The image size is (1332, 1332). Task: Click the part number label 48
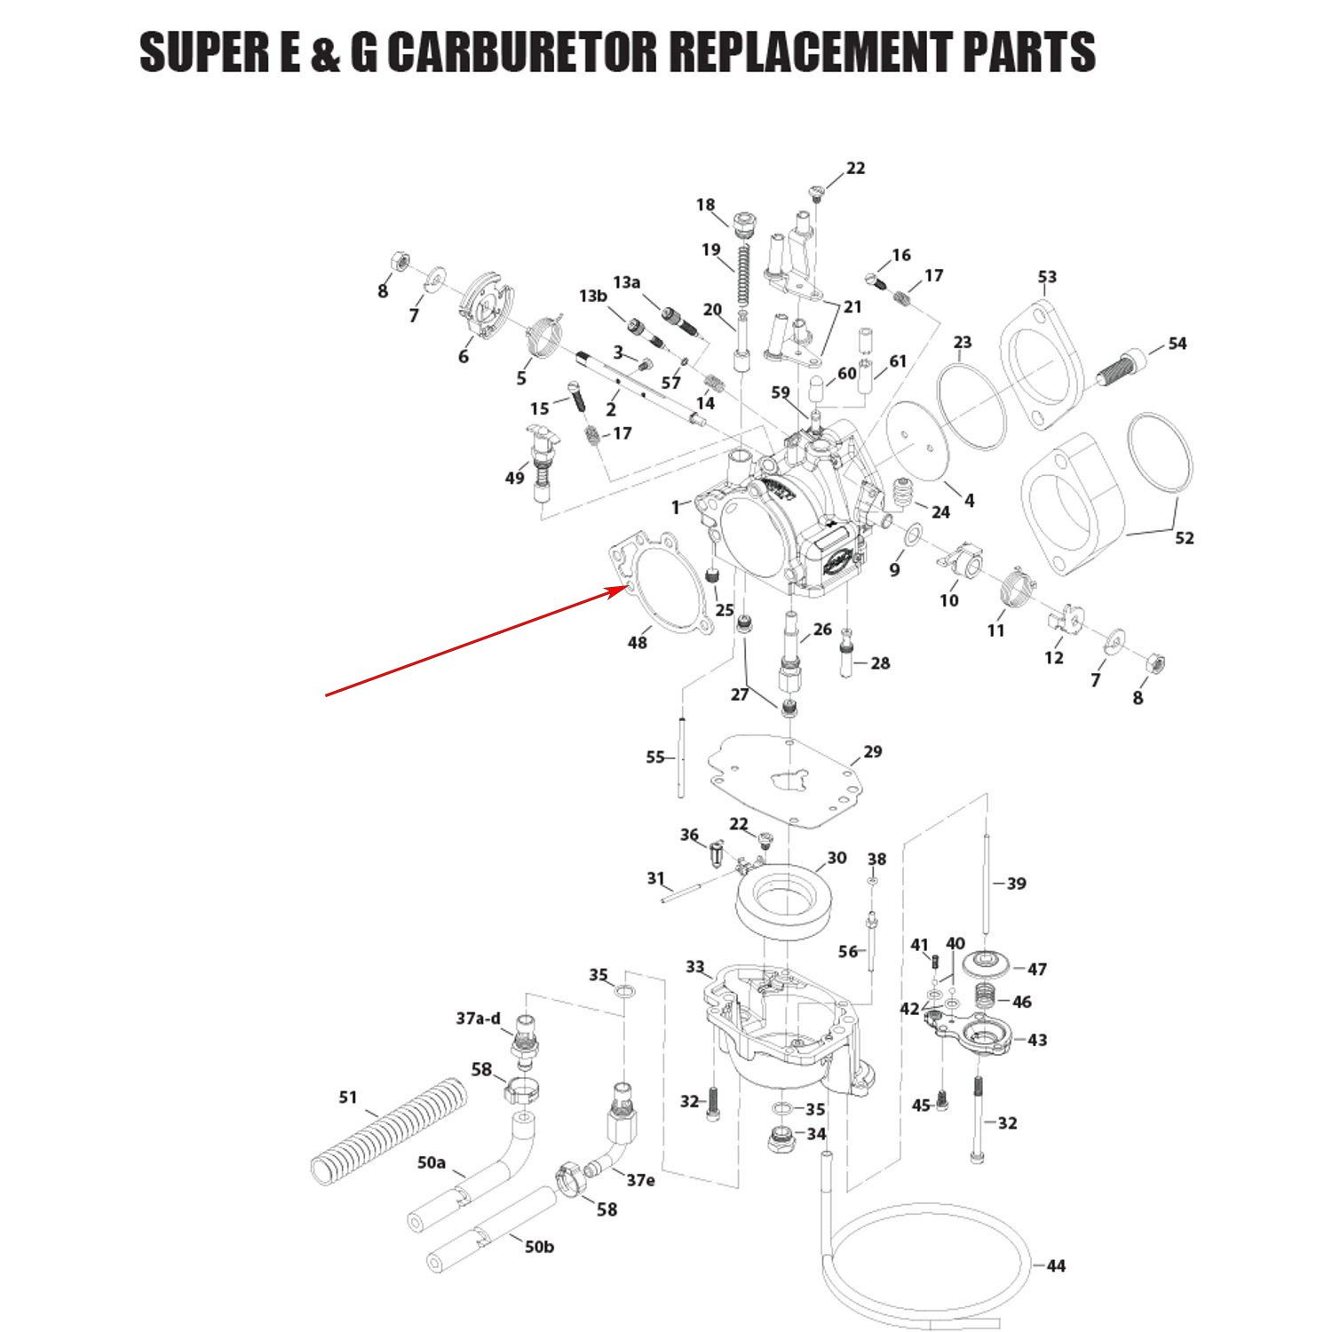pyautogui.click(x=638, y=641)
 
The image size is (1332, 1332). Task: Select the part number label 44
pyautogui.click(x=1055, y=1265)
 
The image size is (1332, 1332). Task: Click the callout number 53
pyautogui.click(x=1047, y=277)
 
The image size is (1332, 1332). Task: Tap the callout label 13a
pyautogui.click(x=626, y=281)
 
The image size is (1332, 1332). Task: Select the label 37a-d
pyautogui.click(x=479, y=1019)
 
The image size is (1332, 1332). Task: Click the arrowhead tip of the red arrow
pyautogui.click(x=626, y=587)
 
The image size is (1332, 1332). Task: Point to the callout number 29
pyautogui.click(x=872, y=752)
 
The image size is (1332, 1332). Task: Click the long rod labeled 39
pyautogui.click(x=987, y=888)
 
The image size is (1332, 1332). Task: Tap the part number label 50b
pyautogui.click(x=538, y=1246)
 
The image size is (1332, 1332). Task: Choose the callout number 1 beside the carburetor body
pyautogui.click(x=677, y=508)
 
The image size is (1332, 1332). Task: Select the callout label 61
pyautogui.click(x=898, y=361)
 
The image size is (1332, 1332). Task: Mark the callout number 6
pyautogui.click(x=464, y=357)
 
